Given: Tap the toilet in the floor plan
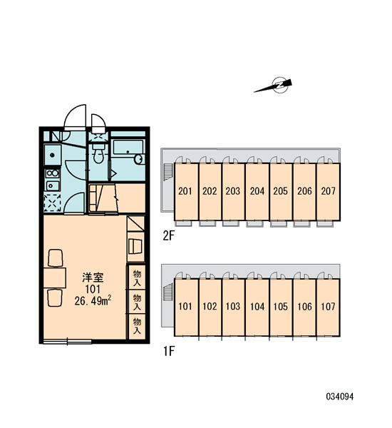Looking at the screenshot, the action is coord(98,153).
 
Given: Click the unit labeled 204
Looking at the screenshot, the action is coord(257,191).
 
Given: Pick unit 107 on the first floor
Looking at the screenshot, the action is coord(328,307).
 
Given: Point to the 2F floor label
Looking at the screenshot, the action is coord(168,236).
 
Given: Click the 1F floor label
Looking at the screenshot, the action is coord(169,351).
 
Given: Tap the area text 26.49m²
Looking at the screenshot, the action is coord(93,300).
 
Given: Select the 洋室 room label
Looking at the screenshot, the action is coord(93,277).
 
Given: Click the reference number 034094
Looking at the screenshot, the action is coord(340,397).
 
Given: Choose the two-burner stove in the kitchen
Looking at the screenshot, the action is coord(52,173).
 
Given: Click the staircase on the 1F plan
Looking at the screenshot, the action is coord(168,292).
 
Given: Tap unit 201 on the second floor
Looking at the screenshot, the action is coord(186,191).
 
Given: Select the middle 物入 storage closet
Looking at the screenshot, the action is coord(136,302).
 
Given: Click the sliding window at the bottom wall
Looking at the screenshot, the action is coord(67,341).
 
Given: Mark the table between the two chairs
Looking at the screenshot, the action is coord(55,278).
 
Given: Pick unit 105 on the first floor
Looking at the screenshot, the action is coord(281,307).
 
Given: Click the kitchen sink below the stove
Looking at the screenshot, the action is coord(52,186).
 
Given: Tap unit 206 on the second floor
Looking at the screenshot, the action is coord(304,191).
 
